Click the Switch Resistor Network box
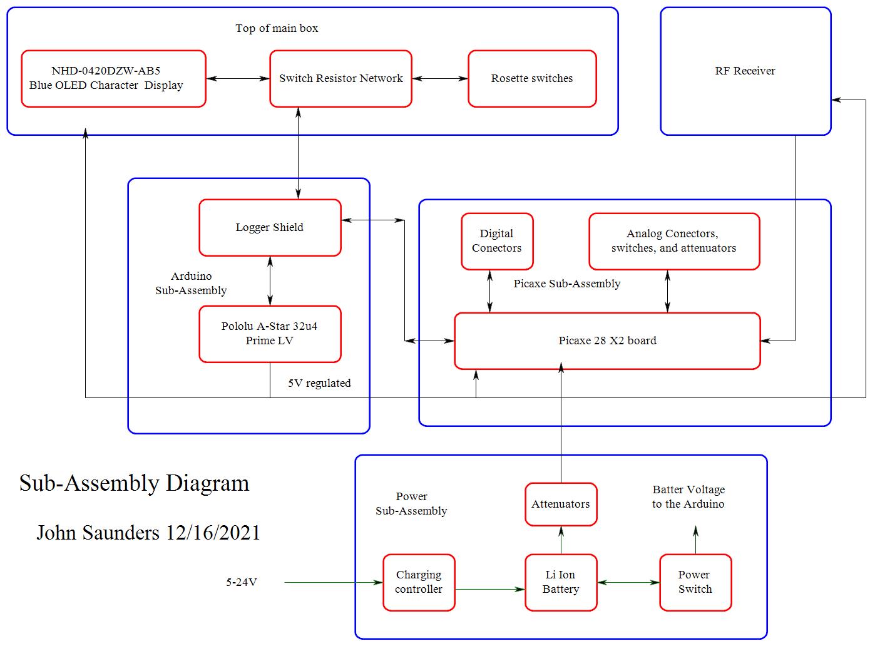click(x=340, y=79)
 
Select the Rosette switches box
click(x=532, y=79)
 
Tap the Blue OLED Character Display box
click(x=113, y=79)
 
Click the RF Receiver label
click(x=745, y=71)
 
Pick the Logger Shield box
click(x=270, y=228)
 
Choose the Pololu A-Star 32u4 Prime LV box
click(x=270, y=334)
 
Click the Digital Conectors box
click(x=497, y=241)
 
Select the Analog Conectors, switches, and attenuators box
click(x=673, y=241)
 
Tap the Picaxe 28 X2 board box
click(x=606, y=341)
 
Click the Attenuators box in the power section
click(x=561, y=504)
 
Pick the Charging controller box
click(x=419, y=582)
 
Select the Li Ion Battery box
click(x=561, y=582)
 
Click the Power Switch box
click(x=695, y=582)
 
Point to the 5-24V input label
click(x=242, y=582)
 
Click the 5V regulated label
click(x=319, y=383)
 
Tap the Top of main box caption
click(x=277, y=28)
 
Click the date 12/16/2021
click(x=213, y=533)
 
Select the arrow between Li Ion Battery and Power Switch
click(x=628, y=582)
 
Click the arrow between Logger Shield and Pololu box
click(x=270, y=280)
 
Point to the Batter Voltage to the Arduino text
click(x=688, y=496)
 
